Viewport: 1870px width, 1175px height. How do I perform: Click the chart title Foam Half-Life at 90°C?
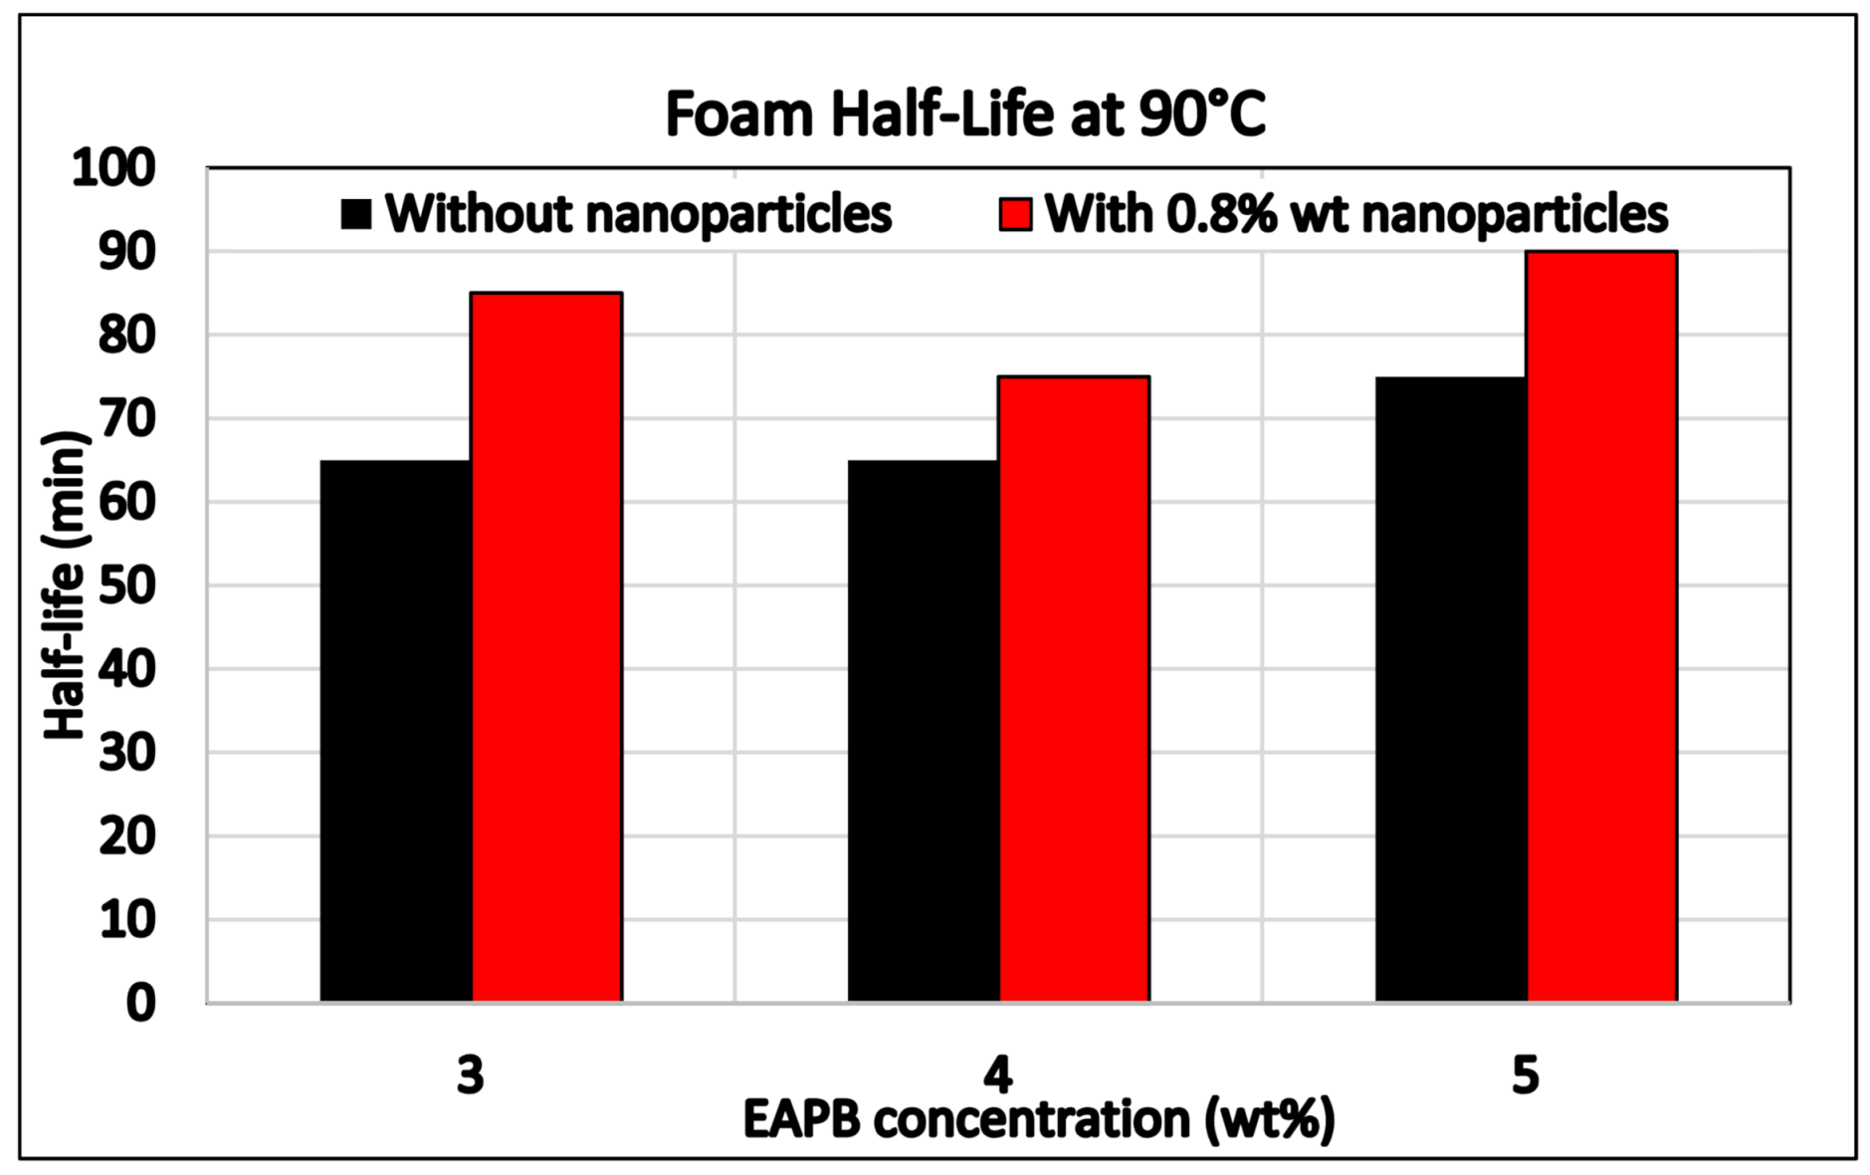(964, 114)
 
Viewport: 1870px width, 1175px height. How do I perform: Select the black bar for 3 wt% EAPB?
(395, 731)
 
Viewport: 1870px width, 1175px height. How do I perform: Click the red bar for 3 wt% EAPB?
(546, 647)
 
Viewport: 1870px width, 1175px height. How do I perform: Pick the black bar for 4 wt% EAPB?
(923, 731)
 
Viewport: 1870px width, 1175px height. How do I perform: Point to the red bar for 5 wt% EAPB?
(1601, 626)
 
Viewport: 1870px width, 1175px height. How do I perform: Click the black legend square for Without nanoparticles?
(355, 214)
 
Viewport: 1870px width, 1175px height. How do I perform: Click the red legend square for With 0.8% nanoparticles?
(1015, 214)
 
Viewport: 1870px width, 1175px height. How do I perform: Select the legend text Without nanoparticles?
(638, 214)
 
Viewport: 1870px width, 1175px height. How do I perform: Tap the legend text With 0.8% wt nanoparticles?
(1355, 214)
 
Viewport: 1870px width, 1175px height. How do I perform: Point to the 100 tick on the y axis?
(113, 168)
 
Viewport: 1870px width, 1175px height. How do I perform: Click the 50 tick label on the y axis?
(126, 586)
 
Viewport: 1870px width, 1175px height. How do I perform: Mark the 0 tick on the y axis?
(140, 1003)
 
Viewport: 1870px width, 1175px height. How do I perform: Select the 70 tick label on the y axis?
(126, 418)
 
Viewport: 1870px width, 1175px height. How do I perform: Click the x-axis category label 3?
(470, 1075)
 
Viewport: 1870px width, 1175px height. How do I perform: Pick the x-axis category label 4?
(997, 1075)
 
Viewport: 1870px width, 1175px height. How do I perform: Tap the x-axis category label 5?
(1525, 1075)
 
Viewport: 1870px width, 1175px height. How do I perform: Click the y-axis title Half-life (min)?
(66, 586)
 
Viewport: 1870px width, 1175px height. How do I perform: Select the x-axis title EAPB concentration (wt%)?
(1038, 1120)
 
